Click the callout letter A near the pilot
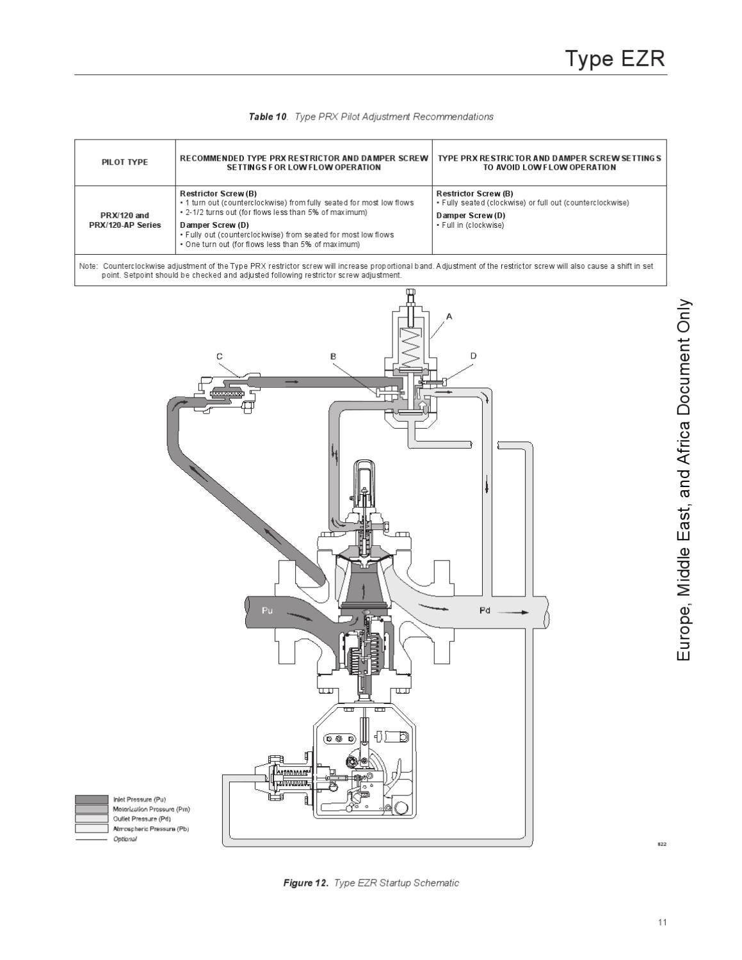point(449,316)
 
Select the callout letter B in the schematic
point(333,356)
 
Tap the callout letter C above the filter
point(220,356)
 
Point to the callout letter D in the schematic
point(473,356)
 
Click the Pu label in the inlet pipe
point(268,610)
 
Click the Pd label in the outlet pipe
point(485,610)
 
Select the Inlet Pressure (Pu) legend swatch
point(92,799)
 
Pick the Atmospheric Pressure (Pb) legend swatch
point(92,828)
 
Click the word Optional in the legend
point(125,839)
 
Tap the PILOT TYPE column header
point(125,163)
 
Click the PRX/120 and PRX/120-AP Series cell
point(125,220)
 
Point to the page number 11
point(662,922)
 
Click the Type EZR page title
point(615,58)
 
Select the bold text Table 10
point(268,116)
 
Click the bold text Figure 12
point(305,883)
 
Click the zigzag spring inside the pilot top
point(408,349)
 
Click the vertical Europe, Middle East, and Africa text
point(684,480)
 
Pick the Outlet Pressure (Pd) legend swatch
point(92,819)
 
